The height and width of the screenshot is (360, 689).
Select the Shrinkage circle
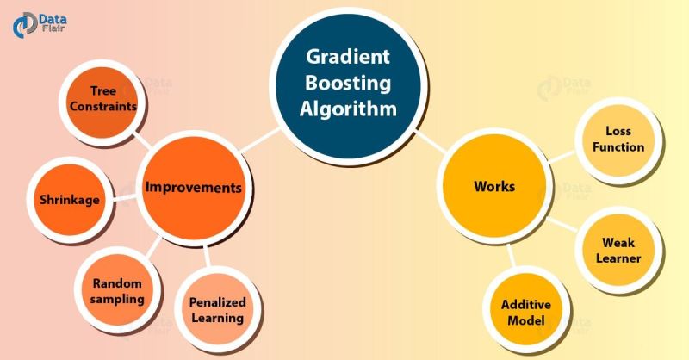coord(69,199)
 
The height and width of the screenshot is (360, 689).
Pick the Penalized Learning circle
coord(217,309)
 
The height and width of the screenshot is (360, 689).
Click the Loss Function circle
coord(624,139)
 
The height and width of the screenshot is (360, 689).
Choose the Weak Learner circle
coord(618,249)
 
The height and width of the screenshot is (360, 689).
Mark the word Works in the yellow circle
coord(494,186)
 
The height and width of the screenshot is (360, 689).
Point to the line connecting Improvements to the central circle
coord(260,140)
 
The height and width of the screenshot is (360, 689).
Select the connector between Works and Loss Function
coord(565,158)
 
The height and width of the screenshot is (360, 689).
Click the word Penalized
coord(217,302)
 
